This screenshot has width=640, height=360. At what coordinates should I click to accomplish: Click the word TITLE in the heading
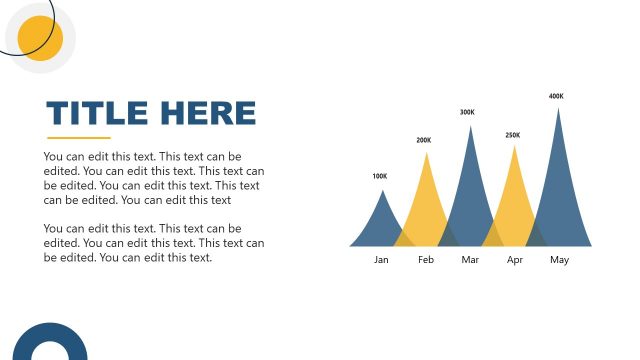[x=97, y=113]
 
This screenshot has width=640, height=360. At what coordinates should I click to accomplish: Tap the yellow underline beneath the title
[x=79, y=138]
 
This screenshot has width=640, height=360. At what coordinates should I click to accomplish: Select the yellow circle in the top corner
[x=41, y=38]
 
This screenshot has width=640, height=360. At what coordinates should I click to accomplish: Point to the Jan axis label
[x=381, y=260]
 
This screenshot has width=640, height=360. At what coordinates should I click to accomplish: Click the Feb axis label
[x=426, y=260]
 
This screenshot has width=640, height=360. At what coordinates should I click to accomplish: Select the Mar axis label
[x=471, y=260]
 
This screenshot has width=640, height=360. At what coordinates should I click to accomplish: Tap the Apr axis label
[x=515, y=260]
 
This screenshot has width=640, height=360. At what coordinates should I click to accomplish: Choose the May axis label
[x=559, y=260]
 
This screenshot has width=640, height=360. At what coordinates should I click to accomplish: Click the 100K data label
[x=379, y=177]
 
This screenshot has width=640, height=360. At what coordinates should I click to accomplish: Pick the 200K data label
[x=424, y=140]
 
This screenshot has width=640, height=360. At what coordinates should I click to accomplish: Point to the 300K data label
[x=467, y=112]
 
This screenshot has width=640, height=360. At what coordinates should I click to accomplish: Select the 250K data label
[x=513, y=135]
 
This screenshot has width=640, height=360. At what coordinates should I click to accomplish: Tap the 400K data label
[x=556, y=96]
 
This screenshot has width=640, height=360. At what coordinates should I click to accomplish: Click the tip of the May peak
[x=558, y=108]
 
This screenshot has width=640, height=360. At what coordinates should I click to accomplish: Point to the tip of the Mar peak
[x=470, y=126]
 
